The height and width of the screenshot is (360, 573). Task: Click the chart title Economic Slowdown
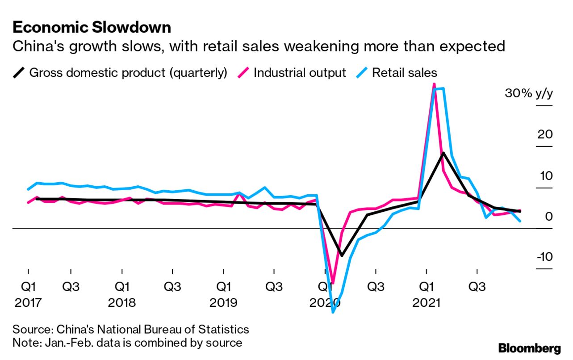(92, 28)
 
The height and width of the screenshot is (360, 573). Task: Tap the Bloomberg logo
(529, 348)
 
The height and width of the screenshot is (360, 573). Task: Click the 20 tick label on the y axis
(544, 134)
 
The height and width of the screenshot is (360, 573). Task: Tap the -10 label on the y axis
(543, 257)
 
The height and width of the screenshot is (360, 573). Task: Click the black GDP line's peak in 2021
(443, 153)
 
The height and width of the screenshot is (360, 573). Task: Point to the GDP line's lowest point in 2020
(342, 255)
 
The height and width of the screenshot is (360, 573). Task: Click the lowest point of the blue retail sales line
(333, 312)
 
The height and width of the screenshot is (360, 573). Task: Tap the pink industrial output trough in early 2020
(332, 276)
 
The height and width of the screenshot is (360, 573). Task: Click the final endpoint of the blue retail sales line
(519, 221)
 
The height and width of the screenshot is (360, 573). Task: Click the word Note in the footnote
(25, 343)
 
